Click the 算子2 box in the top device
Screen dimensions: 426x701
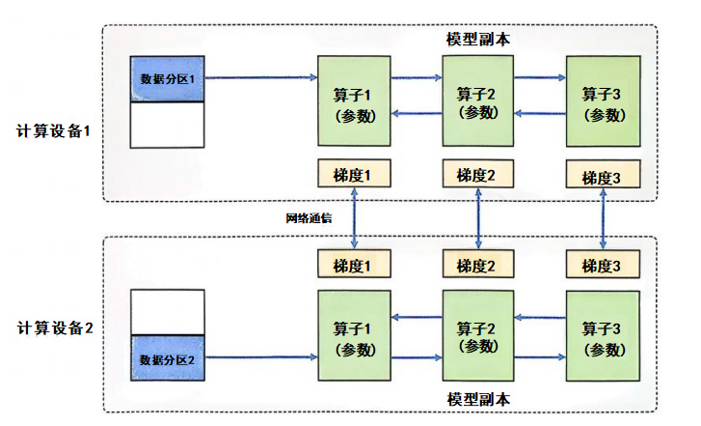[x=478, y=100]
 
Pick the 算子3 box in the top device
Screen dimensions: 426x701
[x=603, y=101]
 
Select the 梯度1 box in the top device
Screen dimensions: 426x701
[x=356, y=174]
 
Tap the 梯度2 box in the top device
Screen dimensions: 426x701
[x=478, y=174]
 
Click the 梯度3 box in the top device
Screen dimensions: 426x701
[x=603, y=176]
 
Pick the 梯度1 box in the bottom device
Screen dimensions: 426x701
[x=356, y=264]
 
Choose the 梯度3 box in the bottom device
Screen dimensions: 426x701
[x=603, y=264]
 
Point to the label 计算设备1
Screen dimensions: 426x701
[x=54, y=130]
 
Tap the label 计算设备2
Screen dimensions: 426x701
[x=54, y=327]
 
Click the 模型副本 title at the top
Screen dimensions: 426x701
[x=478, y=40]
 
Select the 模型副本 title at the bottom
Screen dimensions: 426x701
[x=478, y=399]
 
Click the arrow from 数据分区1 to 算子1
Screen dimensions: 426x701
[x=261, y=78]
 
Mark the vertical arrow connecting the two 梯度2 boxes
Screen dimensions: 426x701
[x=479, y=218]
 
